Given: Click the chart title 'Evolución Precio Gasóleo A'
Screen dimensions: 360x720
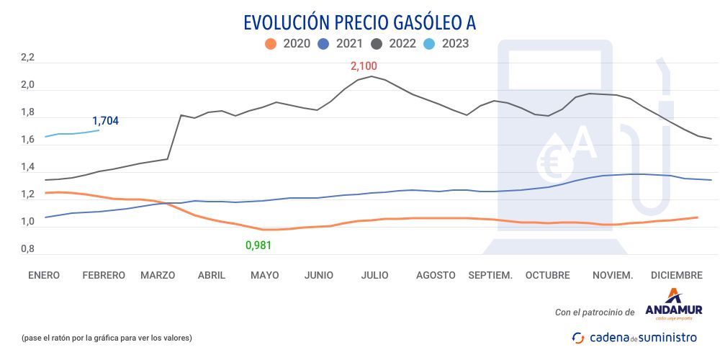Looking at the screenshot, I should [x=359, y=22].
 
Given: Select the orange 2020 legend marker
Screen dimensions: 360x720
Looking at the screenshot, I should [x=271, y=43].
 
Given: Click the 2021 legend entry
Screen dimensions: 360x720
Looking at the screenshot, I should [x=340, y=43].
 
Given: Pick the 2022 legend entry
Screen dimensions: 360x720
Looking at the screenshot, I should [x=394, y=43].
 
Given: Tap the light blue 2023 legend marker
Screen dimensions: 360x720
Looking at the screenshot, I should [x=429, y=43].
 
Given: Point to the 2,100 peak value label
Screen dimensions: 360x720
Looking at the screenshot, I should [x=364, y=66].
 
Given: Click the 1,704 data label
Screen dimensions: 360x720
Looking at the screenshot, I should [x=105, y=121].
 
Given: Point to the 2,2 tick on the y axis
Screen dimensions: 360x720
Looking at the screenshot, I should [x=27, y=58].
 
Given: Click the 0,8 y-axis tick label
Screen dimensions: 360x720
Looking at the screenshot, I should [x=27, y=249].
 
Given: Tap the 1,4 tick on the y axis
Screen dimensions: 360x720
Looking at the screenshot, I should [x=27, y=168].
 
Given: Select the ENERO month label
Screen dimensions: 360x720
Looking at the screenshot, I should [x=44, y=275].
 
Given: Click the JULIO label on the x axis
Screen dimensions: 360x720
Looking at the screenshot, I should [x=374, y=275].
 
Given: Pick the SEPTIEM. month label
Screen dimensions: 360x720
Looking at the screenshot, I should [x=490, y=275].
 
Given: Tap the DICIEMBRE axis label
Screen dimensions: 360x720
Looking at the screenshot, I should [x=676, y=275].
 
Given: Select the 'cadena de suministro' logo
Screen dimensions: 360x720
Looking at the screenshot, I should [x=634, y=337].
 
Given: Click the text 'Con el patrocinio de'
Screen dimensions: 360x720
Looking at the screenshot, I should [x=595, y=312].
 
